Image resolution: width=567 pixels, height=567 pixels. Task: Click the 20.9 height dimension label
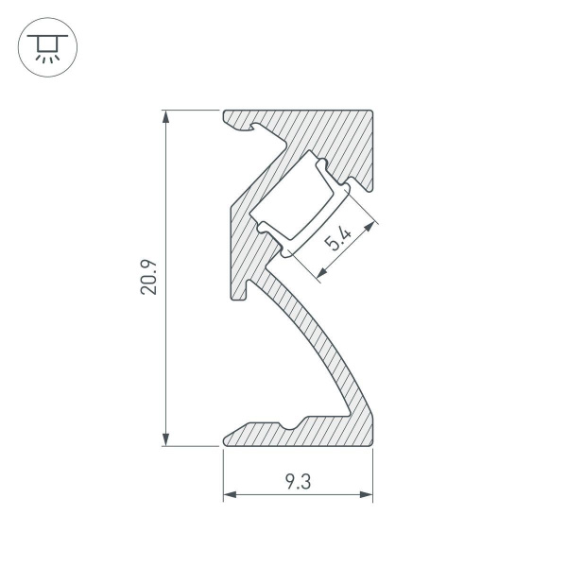tap(148, 278)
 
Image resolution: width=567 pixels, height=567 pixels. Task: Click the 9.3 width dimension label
tap(298, 482)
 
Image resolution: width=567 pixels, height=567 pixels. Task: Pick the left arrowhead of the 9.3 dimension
tap(229, 495)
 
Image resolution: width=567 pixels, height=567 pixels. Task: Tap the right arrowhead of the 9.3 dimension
tap(368, 495)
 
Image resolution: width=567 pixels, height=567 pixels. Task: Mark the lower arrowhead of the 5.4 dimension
tap(319, 275)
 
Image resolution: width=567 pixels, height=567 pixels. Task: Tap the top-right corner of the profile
tap(373, 112)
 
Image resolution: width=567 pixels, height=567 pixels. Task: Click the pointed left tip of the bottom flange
tap(224, 438)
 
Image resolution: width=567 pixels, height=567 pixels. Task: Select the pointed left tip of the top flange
tap(224, 116)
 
